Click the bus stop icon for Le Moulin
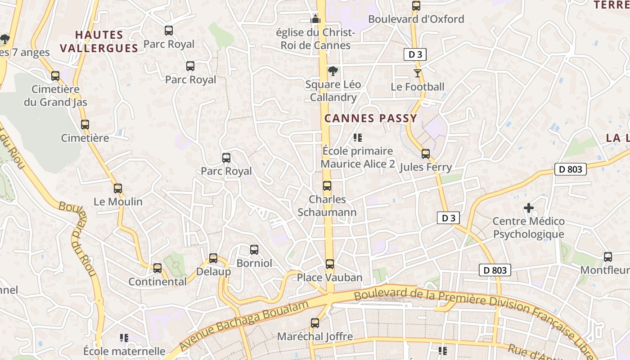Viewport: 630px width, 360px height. [118, 189]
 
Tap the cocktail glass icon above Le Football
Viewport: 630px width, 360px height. [418, 73]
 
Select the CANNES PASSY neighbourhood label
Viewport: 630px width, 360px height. [371, 118]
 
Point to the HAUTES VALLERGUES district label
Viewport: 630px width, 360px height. [99, 41]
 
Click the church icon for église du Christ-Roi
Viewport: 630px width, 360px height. [315, 19]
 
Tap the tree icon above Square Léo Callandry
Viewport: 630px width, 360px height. [333, 71]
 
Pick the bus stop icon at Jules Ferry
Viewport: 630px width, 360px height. [426, 154]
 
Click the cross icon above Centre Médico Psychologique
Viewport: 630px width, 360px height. [529, 208]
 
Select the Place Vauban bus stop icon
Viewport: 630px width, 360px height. [330, 264]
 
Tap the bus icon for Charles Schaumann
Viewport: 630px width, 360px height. [327, 186]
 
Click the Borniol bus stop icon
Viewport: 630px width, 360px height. [254, 250]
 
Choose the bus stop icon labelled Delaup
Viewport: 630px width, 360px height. [213, 258]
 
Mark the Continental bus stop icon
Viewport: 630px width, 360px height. [157, 268]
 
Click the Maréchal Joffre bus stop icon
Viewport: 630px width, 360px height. [315, 323]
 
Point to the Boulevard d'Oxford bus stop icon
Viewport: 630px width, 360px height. [416, 6]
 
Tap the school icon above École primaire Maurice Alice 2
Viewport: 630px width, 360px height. [358, 137]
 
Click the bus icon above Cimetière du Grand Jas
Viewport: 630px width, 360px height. [55, 76]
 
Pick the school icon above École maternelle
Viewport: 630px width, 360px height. [125, 337]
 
